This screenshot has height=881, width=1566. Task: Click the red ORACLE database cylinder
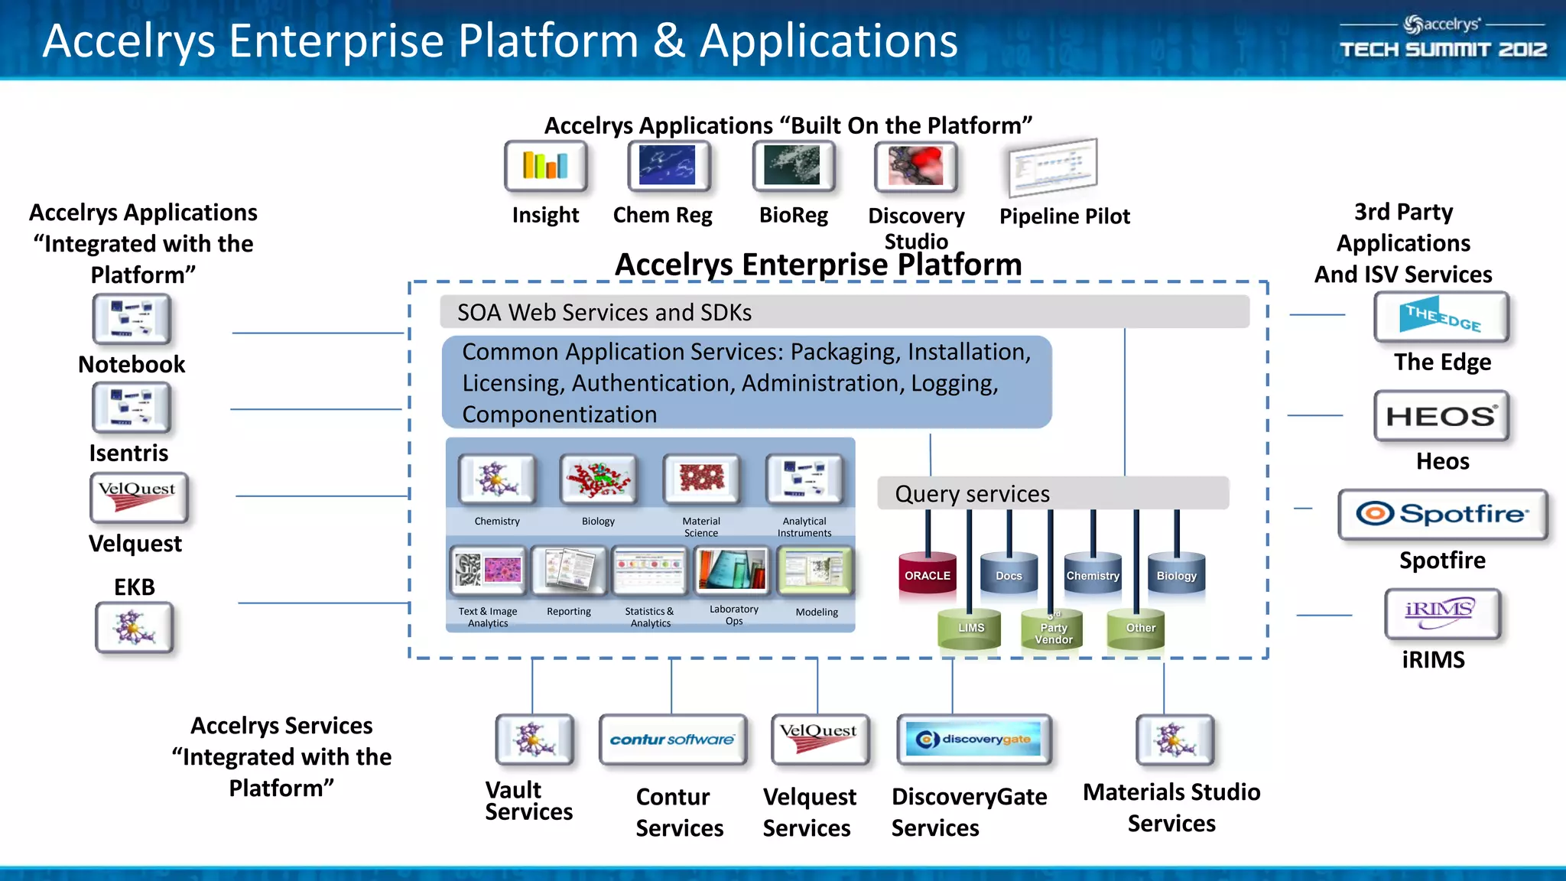click(928, 575)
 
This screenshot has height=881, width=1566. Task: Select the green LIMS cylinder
click(970, 628)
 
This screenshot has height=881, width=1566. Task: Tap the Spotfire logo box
click(1442, 514)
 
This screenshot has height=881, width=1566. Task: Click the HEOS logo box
click(1441, 416)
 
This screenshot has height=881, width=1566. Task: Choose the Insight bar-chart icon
click(545, 165)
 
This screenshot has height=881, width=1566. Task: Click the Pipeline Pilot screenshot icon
click(1052, 167)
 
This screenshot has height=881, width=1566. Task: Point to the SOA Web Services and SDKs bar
click(844, 312)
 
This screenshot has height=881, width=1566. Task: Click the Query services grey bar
click(1052, 493)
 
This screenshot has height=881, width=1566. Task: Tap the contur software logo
click(672, 740)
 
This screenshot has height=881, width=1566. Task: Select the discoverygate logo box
click(973, 740)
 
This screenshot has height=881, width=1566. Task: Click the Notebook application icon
click(132, 319)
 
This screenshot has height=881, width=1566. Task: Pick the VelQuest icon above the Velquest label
click(138, 497)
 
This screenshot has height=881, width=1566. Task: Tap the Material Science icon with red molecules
click(701, 480)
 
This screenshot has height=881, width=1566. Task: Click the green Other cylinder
click(1140, 628)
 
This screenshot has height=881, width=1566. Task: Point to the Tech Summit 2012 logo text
click(1443, 49)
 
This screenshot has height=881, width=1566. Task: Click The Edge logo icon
click(1441, 317)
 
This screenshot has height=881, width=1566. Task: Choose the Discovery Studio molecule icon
click(915, 166)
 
